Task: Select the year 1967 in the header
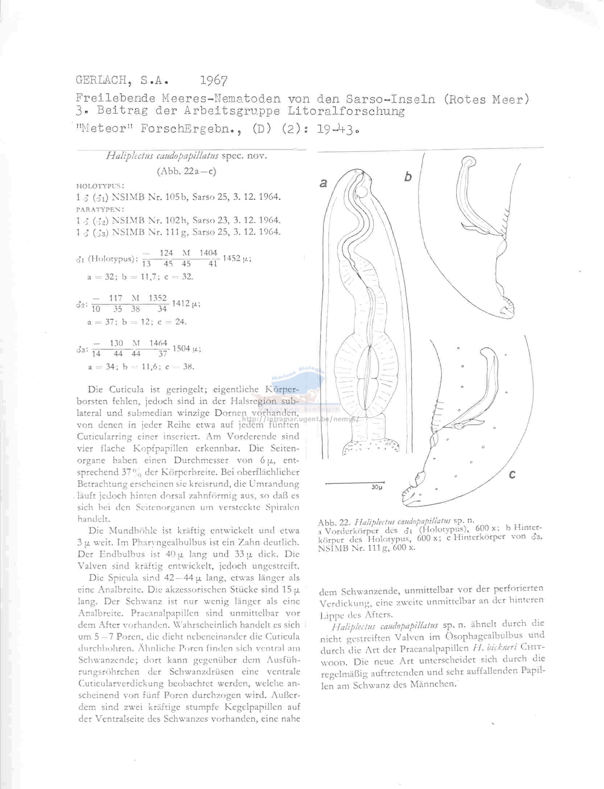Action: tap(214, 80)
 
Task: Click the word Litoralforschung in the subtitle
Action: tap(346, 111)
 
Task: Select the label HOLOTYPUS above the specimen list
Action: tap(100, 186)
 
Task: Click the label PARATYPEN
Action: tap(100, 209)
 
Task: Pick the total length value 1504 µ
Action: tap(186, 348)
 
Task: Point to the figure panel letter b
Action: tap(408, 177)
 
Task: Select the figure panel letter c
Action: tap(512, 474)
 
